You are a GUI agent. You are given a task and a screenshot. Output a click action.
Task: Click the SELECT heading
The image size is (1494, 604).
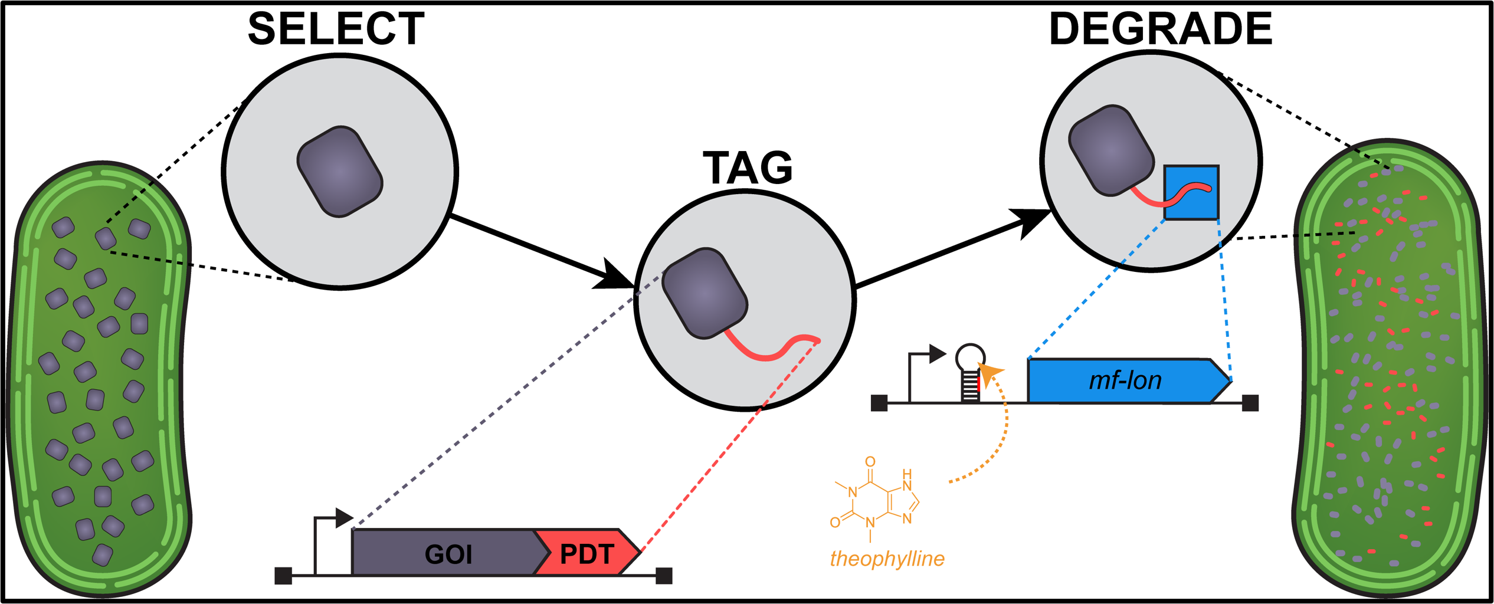pyautogui.click(x=336, y=29)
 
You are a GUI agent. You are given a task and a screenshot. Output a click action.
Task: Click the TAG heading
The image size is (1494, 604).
pyautogui.click(x=748, y=168)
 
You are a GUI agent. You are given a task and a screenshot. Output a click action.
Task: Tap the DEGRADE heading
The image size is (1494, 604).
pyautogui.click(x=1161, y=29)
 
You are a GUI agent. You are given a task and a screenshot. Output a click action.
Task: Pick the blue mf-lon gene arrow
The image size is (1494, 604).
pyautogui.click(x=1124, y=381)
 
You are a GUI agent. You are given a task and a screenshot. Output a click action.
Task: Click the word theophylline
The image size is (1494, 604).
pyautogui.click(x=887, y=559)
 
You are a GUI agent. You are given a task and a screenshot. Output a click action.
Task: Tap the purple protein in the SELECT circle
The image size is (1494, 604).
pyautogui.click(x=339, y=172)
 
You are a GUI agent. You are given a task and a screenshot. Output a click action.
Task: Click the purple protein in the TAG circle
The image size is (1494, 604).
pyautogui.click(x=705, y=293)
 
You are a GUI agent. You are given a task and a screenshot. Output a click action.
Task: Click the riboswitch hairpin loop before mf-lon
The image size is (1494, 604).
pyautogui.click(x=970, y=357)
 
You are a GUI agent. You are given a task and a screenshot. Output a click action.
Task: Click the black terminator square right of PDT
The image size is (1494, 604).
pyautogui.click(x=664, y=575)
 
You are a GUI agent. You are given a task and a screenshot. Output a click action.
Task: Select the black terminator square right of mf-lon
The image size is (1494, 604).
pyautogui.click(x=1250, y=403)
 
